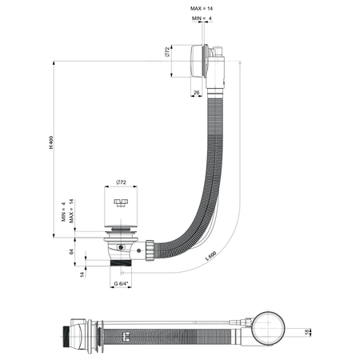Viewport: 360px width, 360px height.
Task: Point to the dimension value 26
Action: pos(197,93)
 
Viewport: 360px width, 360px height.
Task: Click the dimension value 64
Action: pos(71,251)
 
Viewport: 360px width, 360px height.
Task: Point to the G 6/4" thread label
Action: pos(121,283)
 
